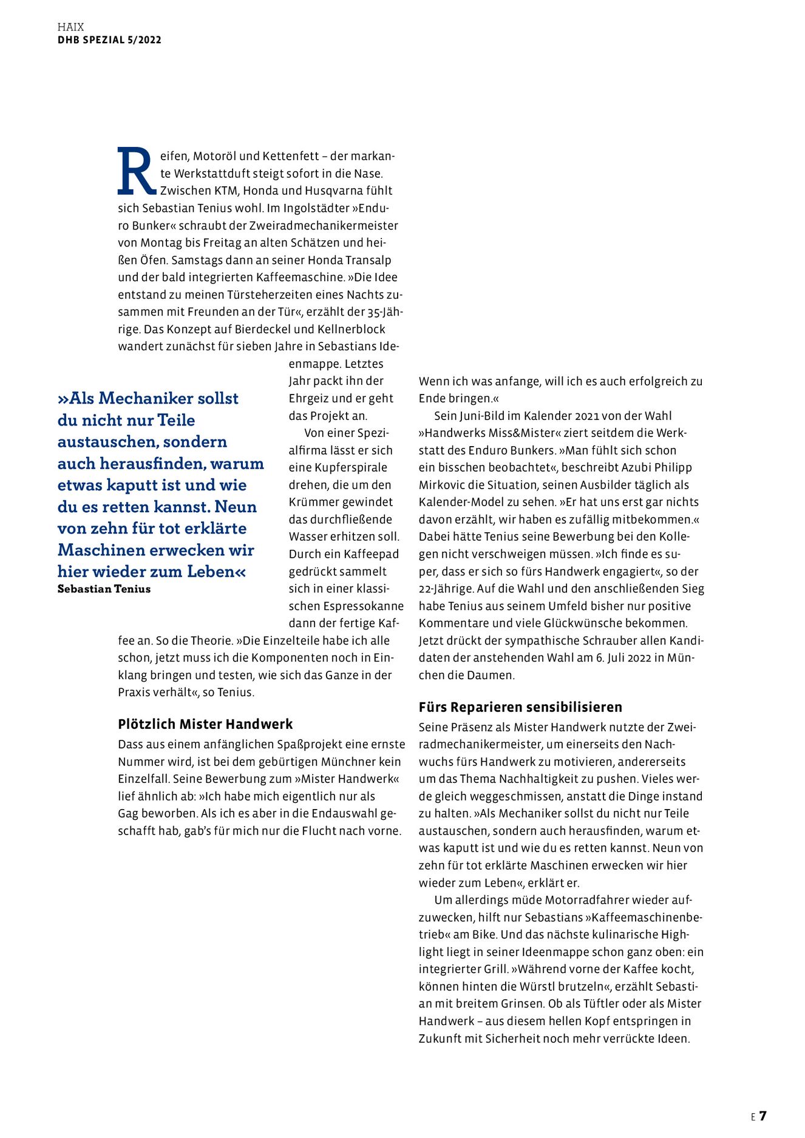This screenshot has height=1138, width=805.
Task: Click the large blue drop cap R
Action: pyautogui.click(x=137, y=171)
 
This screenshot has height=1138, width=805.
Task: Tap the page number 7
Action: pyautogui.click(x=763, y=1116)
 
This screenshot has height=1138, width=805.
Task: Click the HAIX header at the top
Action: pyautogui.click(x=70, y=27)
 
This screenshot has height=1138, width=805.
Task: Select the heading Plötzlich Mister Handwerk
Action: pyautogui.click(x=205, y=724)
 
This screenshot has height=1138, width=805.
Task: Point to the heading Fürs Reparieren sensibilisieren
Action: pyautogui.click(x=520, y=707)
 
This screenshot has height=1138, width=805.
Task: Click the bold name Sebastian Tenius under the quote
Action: pyautogui.click(x=104, y=589)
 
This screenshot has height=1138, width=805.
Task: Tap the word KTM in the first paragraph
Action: pyautogui.click(x=226, y=191)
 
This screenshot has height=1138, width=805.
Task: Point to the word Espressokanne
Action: pyautogui.click(x=364, y=606)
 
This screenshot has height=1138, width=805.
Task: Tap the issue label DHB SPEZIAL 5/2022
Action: pyautogui.click(x=109, y=40)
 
